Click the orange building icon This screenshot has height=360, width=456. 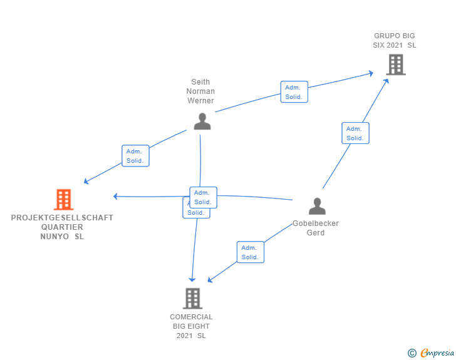tap(63, 200)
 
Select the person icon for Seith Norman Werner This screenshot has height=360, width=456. tap(202, 121)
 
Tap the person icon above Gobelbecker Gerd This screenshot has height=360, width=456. tap(318, 206)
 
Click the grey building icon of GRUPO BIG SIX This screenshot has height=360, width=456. tap(395, 64)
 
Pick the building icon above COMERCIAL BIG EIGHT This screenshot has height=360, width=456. tap(192, 298)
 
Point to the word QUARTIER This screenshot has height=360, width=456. tap(62, 227)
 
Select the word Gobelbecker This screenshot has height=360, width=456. tap(316, 224)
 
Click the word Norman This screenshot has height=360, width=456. tap(200, 91)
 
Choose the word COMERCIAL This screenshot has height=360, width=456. tap(191, 317)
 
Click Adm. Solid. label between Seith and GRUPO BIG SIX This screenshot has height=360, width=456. tap(294, 92)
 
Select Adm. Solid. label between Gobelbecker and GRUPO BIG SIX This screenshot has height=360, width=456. tap(355, 133)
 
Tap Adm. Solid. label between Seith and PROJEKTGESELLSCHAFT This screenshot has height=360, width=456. tap(135, 156)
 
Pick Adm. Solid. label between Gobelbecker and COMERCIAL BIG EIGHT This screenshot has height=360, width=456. tap(251, 252)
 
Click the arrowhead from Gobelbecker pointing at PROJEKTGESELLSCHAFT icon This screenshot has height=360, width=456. tap(116, 197)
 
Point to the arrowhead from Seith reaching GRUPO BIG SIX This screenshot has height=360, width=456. tap(370, 74)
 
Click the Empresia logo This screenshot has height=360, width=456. tap(437, 353)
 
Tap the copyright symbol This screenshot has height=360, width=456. tap(412, 353)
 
